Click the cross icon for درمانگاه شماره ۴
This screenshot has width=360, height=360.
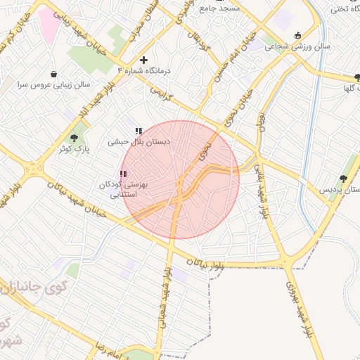point(144,60)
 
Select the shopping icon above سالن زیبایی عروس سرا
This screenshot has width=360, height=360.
point(54,74)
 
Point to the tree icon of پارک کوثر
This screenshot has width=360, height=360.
point(75,138)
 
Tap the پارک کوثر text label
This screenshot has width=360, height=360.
point(74,149)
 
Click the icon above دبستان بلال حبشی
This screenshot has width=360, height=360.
point(139,131)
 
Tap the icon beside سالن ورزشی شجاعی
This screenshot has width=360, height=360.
point(297,36)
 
